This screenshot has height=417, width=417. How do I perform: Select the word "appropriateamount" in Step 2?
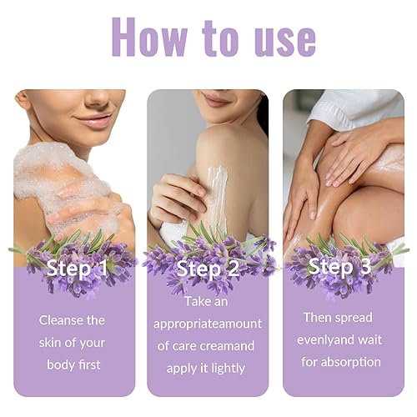pos(208,323)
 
